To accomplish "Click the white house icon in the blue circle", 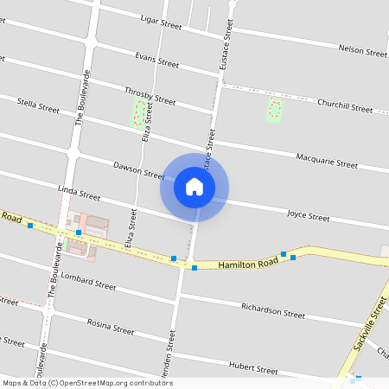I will coord(194,187).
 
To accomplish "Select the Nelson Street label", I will coord(363,52).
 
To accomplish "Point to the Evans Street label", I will coord(157,61).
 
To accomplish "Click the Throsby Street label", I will coord(150,96).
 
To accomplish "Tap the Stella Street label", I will coord(39,107).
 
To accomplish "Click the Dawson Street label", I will coord(138,169).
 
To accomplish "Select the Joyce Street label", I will coord(309,215).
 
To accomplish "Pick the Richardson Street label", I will coord(273,310).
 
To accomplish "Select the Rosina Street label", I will coord(111,327).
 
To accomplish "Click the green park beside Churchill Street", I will coord(275,109).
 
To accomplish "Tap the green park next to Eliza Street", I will coord(138,113).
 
